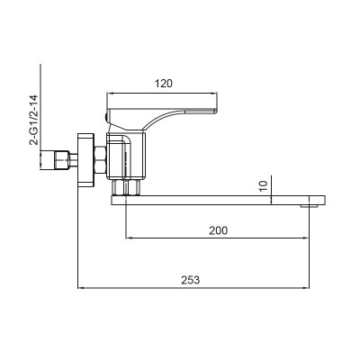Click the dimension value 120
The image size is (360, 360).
click(x=163, y=84)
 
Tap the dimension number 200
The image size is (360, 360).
click(x=217, y=230)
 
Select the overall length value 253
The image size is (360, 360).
click(x=190, y=280)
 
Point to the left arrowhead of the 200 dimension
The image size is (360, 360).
click(x=128, y=238)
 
